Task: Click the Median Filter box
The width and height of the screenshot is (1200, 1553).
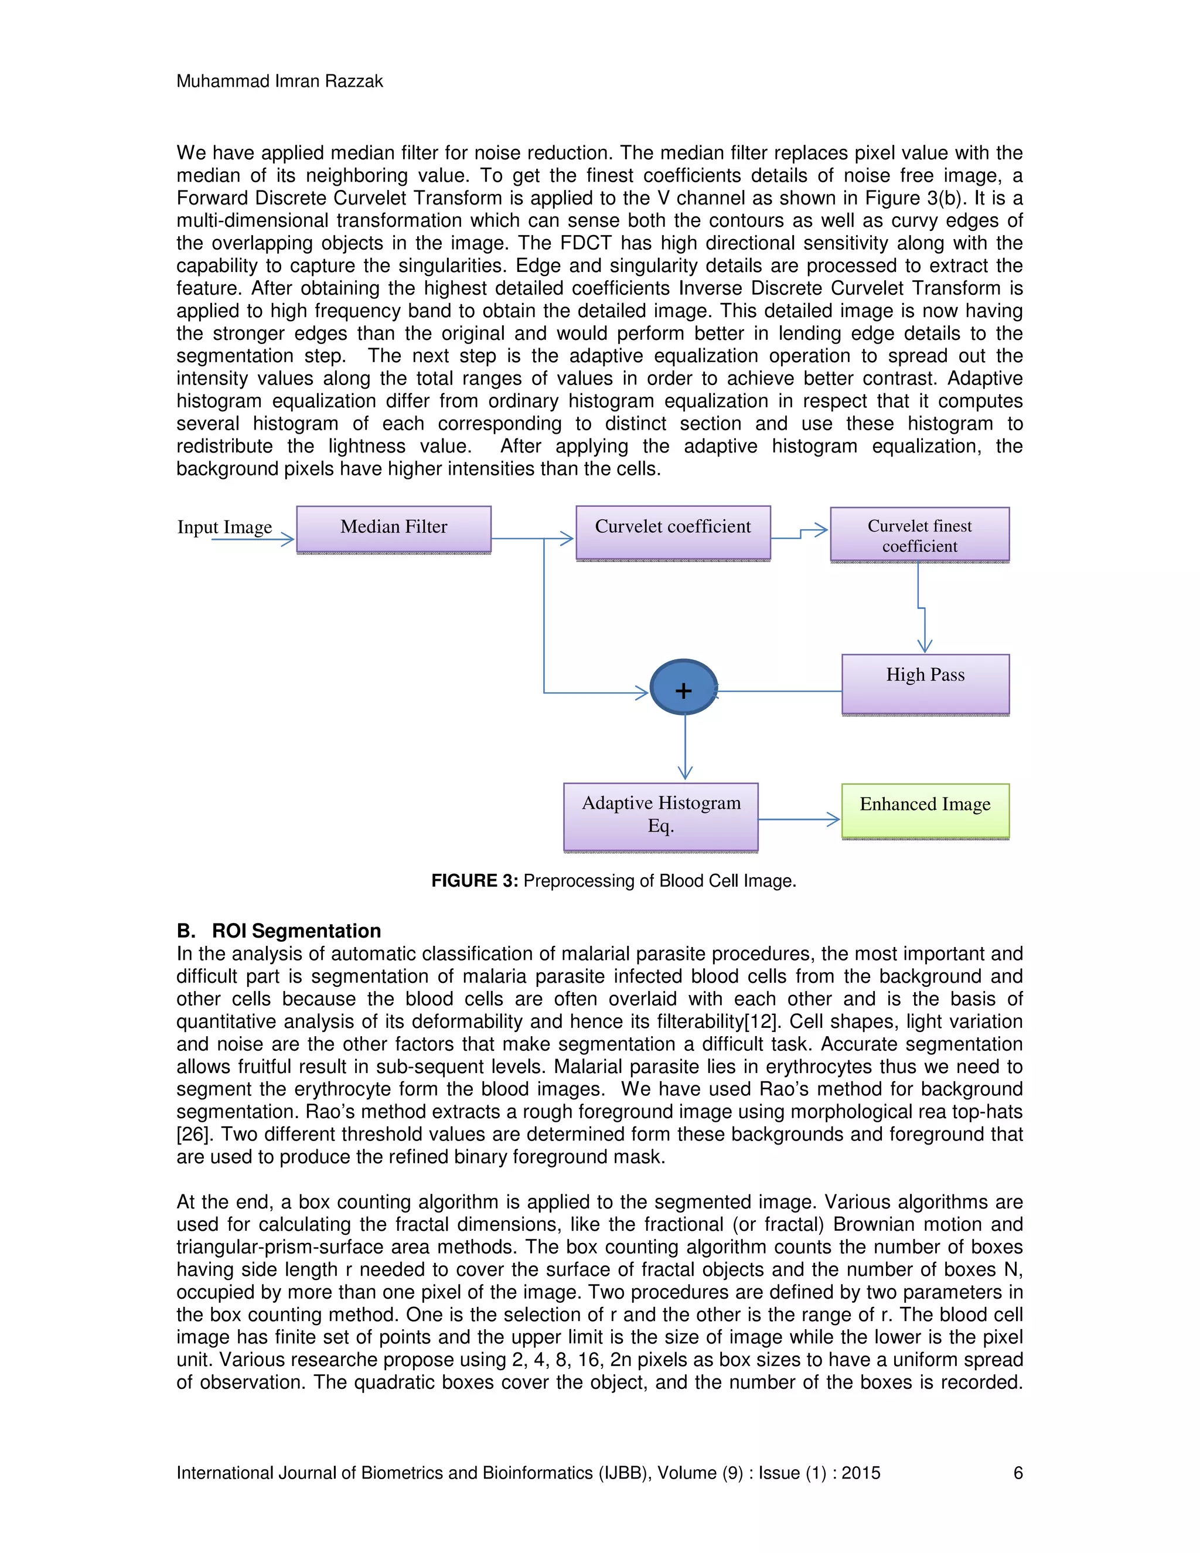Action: pos(393,529)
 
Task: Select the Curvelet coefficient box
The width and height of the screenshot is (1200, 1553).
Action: pos(673,532)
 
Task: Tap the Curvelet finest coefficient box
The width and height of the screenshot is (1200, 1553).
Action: pos(919,534)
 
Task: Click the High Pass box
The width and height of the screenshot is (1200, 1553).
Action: pos(925,683)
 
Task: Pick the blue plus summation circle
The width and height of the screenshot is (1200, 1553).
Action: pos(683,687)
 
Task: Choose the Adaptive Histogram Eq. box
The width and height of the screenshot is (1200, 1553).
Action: pos(660,816)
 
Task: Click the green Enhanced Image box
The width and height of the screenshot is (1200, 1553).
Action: pos(925,810)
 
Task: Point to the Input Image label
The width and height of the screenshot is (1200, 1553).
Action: pos(224,527)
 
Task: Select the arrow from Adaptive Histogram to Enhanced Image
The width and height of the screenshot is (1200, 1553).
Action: pos(799,820)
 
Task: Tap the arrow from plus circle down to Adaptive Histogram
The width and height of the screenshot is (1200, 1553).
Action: pos(684,747)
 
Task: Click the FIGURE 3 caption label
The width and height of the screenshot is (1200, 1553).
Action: pos(474,881)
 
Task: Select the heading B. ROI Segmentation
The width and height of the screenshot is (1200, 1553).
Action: pos(279,931)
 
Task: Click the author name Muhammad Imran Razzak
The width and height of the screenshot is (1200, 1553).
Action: pos(279,81)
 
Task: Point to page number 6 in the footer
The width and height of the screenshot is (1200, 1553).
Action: pos(1017,1473)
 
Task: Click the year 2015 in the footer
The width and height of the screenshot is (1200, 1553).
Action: pos(860,1473)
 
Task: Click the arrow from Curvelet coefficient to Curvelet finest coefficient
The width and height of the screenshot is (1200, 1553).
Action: pos(800,533)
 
